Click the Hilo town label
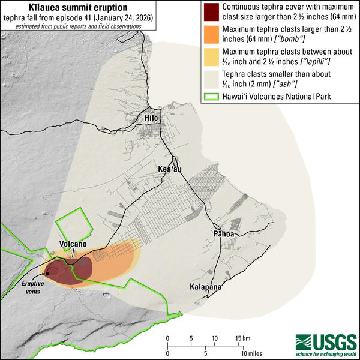pyautogui.click(x=151, y=118)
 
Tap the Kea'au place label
pyautogui.click(x=170, y=169)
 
